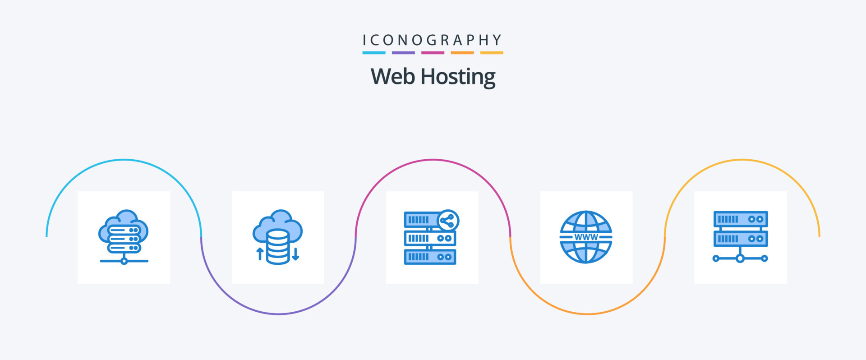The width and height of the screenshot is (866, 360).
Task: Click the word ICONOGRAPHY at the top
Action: point(432,40)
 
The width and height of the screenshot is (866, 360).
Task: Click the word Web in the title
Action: point(392,76)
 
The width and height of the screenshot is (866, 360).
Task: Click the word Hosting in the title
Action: point(458,77)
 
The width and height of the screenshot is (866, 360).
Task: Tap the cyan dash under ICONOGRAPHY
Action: point(373,53)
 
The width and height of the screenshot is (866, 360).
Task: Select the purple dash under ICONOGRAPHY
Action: point(403,53)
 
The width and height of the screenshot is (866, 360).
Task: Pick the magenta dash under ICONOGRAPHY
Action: point(433,53)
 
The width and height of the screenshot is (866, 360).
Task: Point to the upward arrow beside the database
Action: point(260,254)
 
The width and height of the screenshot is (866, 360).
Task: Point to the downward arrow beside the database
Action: point(295,254)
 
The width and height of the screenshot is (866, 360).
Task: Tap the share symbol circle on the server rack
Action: point(448,221)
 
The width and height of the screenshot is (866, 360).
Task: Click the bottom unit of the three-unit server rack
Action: point(430,257)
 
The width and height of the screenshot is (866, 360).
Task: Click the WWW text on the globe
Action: point(586,237)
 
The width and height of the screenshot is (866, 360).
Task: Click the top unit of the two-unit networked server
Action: point(740,219)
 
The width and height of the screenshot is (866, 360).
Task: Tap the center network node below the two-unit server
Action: point(740,258)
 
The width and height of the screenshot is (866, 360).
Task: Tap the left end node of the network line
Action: point(716,258)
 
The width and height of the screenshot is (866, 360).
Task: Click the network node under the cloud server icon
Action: point(124,261)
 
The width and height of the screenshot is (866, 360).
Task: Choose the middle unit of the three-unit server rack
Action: point(430,238)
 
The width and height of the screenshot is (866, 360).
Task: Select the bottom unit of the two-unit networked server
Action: point(740,239)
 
